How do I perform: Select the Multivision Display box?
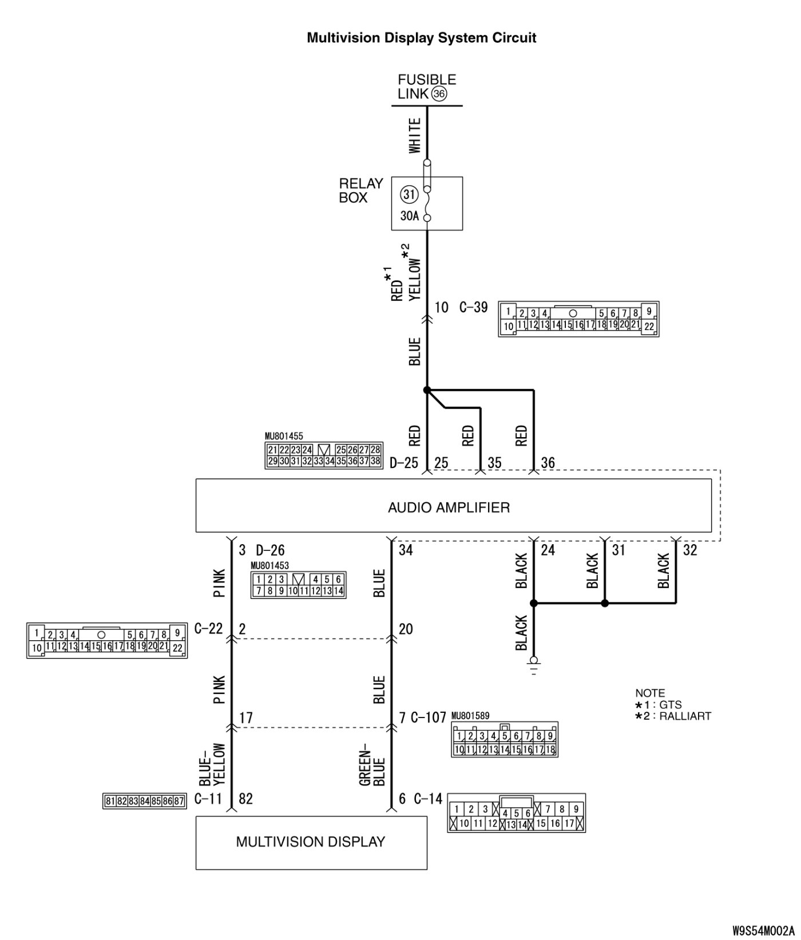[311, 842]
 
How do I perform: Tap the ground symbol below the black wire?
[533, 666]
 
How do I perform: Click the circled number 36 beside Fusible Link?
[439, 94]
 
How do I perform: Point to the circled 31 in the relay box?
[409, 195]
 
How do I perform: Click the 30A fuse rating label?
[409, 216]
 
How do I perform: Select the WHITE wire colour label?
[415, 136]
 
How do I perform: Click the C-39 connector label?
[474, 308]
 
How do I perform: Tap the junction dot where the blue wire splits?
[427, 390]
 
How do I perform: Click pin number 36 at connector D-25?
[548, 463]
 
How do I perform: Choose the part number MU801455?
[284, 437]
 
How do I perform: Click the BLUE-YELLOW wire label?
[212, 764]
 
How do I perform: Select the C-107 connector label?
[428, 717]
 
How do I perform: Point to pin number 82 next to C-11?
[245, 799]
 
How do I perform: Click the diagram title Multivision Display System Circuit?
[422, 38]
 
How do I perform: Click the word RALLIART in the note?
[685, 716]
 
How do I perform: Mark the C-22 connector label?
[209, 629]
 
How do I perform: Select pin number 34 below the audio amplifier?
[405, 550]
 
